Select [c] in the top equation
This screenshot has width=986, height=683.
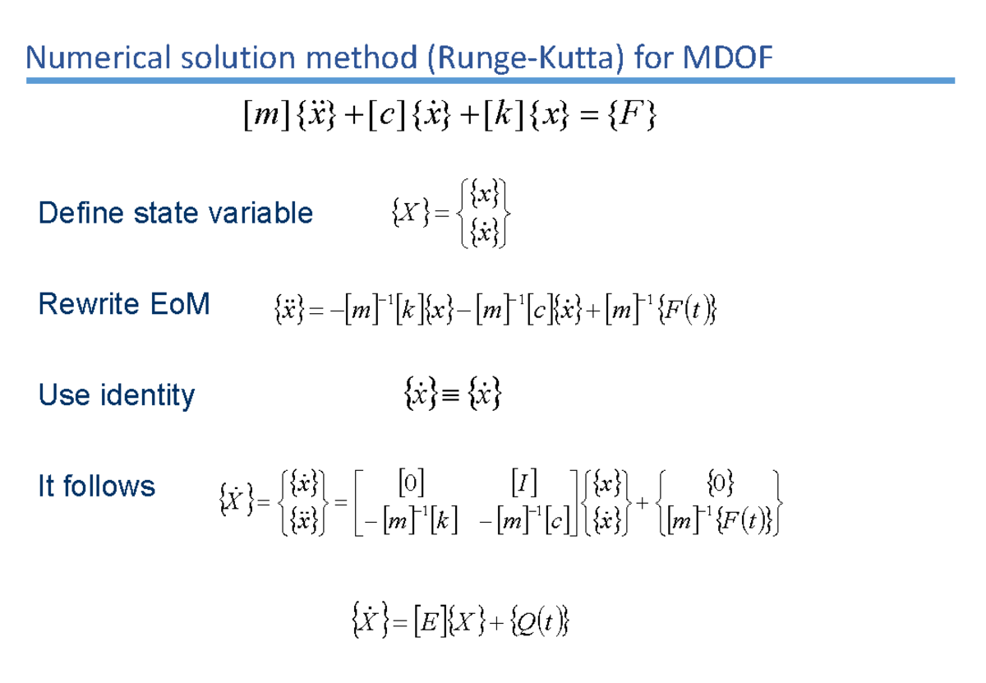(x=384, y=118)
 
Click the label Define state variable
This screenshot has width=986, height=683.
(x=175, y=214)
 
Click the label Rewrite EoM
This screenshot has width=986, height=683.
(x=123, y=305)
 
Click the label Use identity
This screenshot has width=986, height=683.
(x=116, y=395)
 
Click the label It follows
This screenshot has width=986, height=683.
(x=96, y=487)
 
